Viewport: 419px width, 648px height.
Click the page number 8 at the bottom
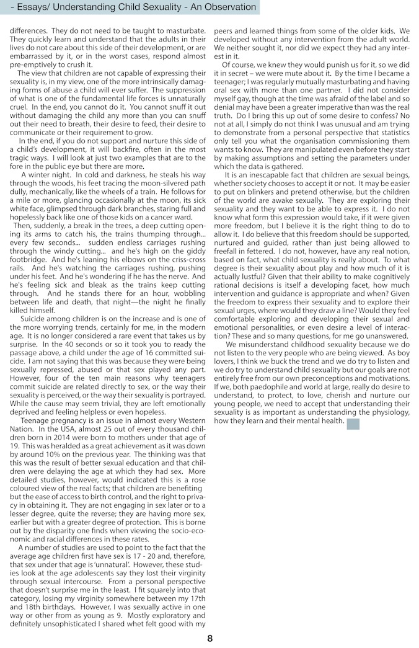209,638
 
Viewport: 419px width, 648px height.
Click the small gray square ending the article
353,424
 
